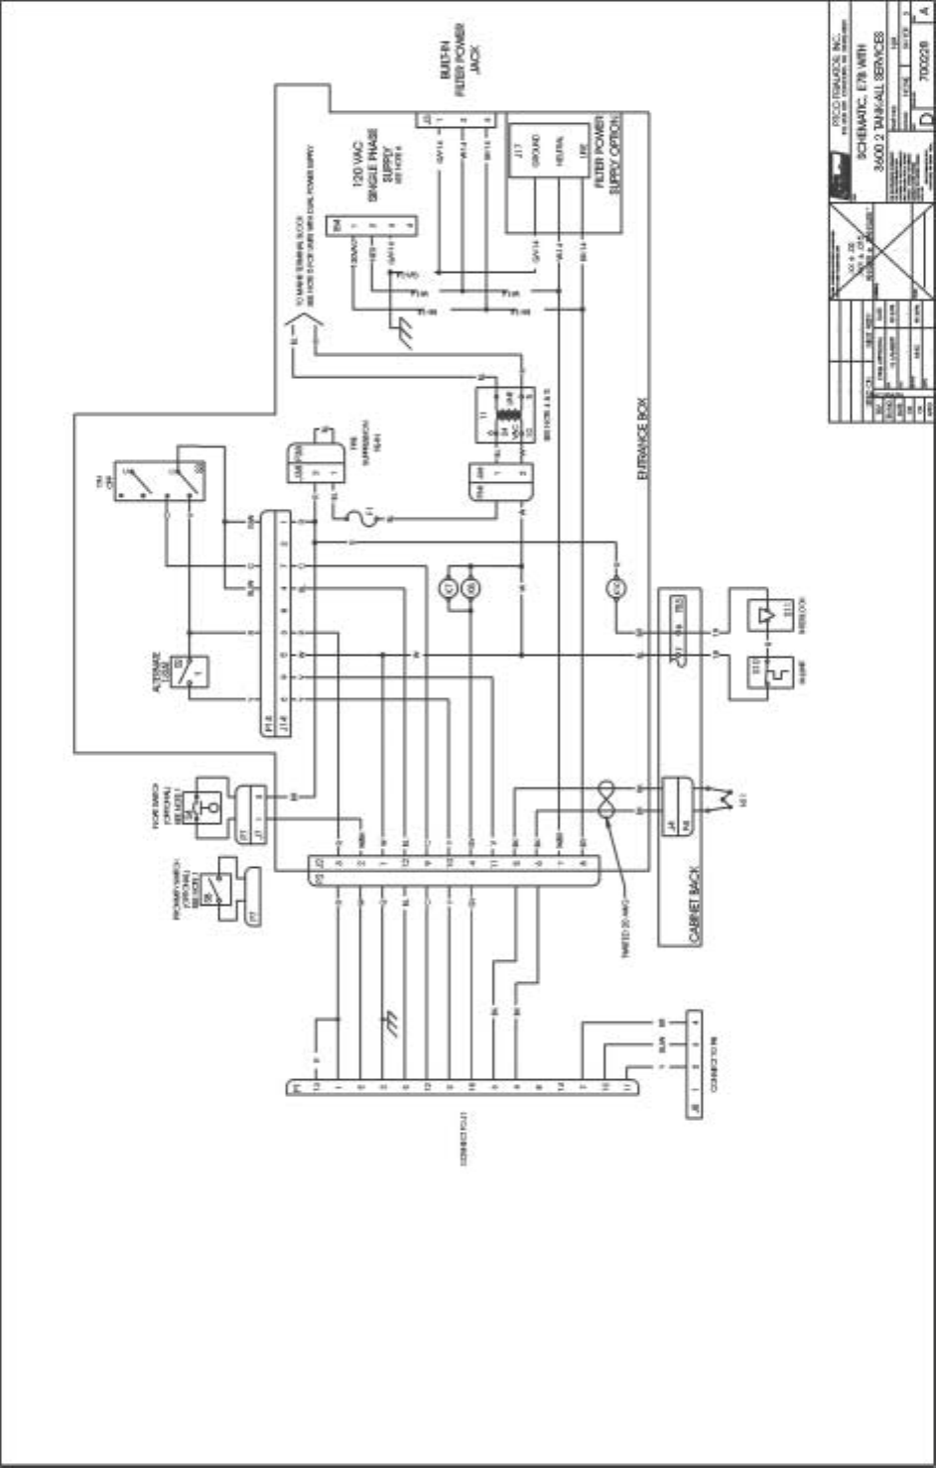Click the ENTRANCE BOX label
click(x=643, y=450)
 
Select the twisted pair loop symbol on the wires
click(x=604, y=799)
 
